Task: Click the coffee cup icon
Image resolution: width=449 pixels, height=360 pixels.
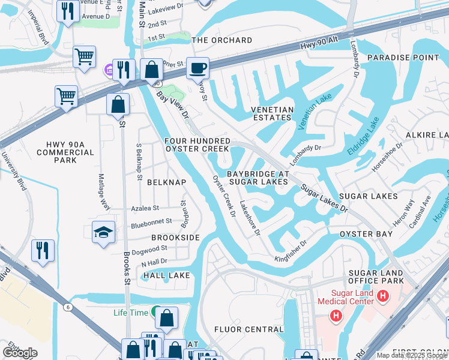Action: [x=197, y=68]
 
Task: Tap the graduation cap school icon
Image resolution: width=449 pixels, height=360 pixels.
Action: [x=104, y=232]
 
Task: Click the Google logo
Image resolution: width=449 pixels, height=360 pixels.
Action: [x=20, y=352]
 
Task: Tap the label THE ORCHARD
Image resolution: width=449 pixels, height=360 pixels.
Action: [x=221, y=40]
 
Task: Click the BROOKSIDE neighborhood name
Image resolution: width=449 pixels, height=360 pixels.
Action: [x=175, y=238]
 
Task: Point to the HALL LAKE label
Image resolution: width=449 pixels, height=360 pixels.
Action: [x=167, y=275]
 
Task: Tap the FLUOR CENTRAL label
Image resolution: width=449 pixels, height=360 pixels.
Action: [x=249, y=329]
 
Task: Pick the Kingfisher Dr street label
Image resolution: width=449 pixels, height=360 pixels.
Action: [x=291, y=250]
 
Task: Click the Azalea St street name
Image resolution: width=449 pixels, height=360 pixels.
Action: [x=145, y=208]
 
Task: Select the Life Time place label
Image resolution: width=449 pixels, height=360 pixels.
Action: [x=130, y=313]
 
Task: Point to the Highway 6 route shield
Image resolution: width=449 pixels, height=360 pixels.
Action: [x=68, y=307]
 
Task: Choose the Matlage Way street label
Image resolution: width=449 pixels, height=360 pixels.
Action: [x=104, y=191]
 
